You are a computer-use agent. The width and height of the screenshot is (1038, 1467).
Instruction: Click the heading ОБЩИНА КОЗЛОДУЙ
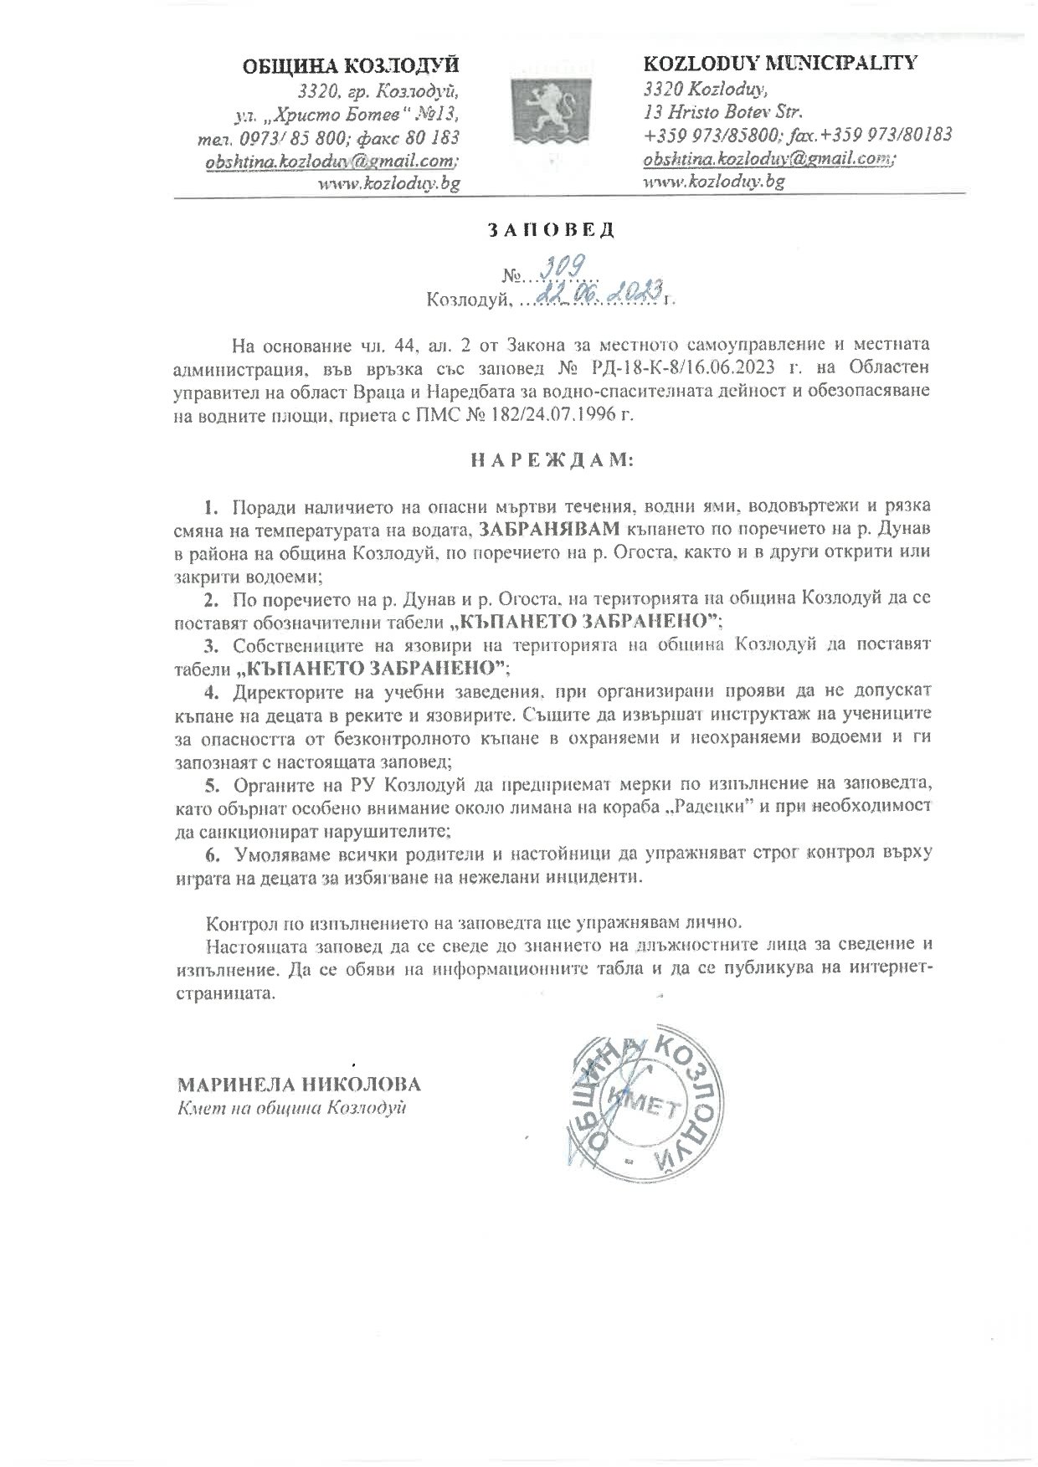click(x=351, y=65)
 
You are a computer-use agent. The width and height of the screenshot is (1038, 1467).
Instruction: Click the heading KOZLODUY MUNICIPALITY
click(x=779, y=63)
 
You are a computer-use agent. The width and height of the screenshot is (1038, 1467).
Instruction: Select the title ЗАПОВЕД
click(x=551, y=232)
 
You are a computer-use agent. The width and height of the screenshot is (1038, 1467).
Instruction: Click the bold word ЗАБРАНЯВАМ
click(x=552, y=530)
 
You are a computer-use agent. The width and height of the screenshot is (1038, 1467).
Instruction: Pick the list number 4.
click(x=212, y=692)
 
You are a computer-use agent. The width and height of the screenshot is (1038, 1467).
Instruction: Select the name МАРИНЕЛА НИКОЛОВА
click(x=298, y=1085)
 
